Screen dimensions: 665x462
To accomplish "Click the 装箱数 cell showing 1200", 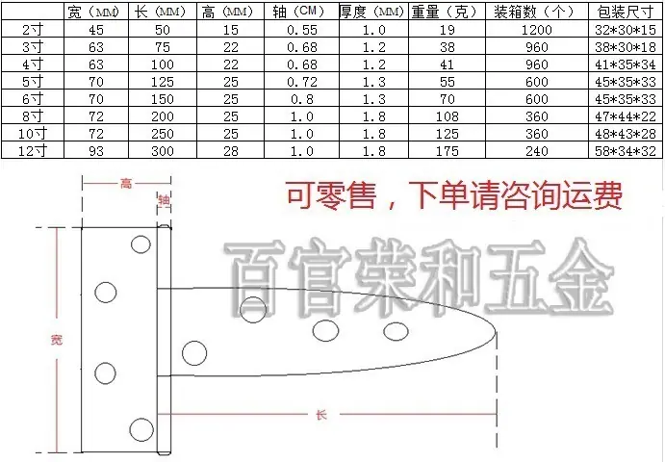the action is click(536, 30).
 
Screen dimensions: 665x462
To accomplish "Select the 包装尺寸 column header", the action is click(626, 12).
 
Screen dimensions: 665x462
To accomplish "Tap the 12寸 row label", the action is click(32, 151).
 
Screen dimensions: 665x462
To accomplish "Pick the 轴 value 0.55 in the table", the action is click(301, 30).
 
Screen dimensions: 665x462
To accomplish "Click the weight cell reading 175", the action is click(447, 151).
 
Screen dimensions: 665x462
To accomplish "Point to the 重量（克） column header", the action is click(447, 12).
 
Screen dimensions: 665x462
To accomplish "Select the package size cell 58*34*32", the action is click(626, 151).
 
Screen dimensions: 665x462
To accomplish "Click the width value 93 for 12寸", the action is click(96, 151).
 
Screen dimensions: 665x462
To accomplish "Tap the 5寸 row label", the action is click(32, 82).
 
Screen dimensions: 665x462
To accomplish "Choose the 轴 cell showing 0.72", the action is click(301, 82).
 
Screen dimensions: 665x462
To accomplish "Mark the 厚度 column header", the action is click(371, 12).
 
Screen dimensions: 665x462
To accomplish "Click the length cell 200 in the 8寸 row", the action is click(163, 116).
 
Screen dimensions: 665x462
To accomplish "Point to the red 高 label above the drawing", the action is click(126, 183).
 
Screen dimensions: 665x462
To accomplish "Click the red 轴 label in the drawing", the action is click(164, 199).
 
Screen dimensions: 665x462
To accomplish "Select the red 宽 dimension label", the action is click(57, 340).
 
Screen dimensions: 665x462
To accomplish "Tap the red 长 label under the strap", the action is click(321, 415).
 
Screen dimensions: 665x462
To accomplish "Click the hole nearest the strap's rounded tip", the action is click(396, 332).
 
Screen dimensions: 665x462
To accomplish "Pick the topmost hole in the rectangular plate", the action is click(141, 244).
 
